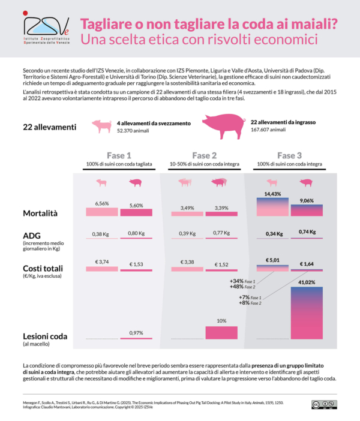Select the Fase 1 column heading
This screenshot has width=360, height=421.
tap(119, 155)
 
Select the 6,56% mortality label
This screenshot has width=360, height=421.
tap(101, 203)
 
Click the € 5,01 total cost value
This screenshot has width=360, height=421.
tap(273, 261)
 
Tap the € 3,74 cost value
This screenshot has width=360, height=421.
tap(101, 262)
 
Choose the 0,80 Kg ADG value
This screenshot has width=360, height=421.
tap(136, 233)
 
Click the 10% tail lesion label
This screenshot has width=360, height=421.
tap(221, 321)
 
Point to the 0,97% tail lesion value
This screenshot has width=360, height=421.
tap(136, 333)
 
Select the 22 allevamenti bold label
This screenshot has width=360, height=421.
tap(49, 127)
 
